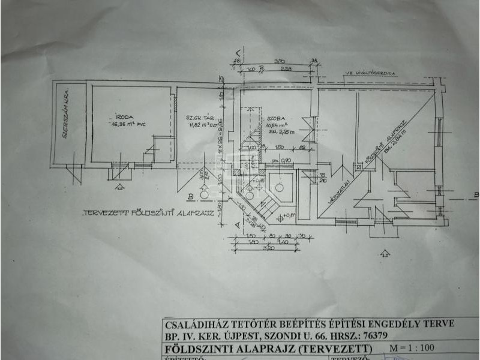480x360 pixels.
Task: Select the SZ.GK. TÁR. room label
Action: tap(198, 118)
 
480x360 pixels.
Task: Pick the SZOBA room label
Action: tap(277, 119)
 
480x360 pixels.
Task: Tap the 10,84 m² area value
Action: tap(277, 126)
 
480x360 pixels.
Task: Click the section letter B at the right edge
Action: tap(475, 194)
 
